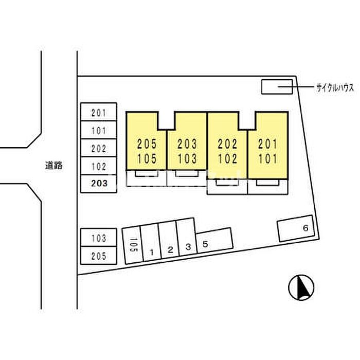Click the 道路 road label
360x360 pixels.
[x=53, y=165]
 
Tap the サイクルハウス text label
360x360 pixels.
[x=335, y=88]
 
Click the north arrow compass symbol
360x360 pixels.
[x=301, y=287]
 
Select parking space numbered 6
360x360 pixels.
[x=296, y=228]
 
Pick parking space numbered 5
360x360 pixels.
[x=214, y=240]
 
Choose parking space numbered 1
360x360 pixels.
[x=151, y=242]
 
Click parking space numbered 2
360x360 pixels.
[x=169, y=240]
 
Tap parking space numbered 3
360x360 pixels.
[x=187, y=237]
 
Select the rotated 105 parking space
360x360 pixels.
[x=133, y=245]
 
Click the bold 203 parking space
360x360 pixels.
[x=99, y=184]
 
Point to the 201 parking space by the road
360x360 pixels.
[x=99, y=112]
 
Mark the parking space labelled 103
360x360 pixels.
[x=99, y=238]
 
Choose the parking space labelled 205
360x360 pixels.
[x=99, y=255]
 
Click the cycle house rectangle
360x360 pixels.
[x=277, y=87]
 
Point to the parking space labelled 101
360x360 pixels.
[x=99, y=130]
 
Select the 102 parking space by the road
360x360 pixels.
[x=99, y=166]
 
